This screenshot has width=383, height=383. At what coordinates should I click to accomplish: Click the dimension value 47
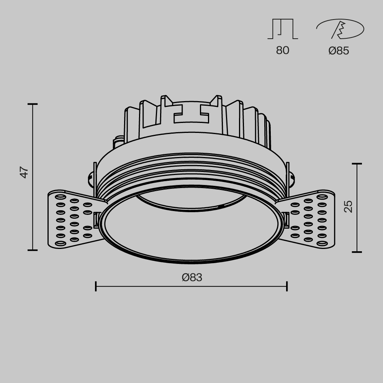click(25, 172)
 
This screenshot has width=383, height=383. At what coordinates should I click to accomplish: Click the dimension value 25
click(348, 206)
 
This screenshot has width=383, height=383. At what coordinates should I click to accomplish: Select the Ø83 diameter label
click(192, 277)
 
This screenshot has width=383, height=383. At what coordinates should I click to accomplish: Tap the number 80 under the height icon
click(283, 50)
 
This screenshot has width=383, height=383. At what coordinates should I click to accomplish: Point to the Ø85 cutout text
click(339, 51)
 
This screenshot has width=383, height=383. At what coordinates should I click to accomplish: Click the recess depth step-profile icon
click(283, 29)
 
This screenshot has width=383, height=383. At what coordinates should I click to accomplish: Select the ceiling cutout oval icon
click(340, 29)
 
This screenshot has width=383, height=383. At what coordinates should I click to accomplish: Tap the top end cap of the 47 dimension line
click(33, 104)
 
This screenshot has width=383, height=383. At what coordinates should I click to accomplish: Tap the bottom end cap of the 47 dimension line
click(33, 250)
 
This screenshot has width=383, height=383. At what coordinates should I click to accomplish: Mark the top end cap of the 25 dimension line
click(357, 164)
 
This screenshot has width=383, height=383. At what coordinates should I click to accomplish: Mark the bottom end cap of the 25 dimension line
click(357, 252)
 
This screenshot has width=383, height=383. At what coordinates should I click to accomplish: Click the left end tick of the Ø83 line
click(96, 286)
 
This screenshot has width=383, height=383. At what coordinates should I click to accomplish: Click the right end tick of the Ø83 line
click(287, 286)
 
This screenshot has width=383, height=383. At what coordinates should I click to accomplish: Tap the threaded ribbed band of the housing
click(191, 169)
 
